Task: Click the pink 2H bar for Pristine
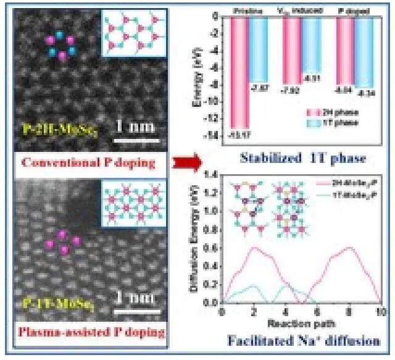point(241,71)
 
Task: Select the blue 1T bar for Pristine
point(258,49)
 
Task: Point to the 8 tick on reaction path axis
point(351,312)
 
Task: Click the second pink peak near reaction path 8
point(350,248)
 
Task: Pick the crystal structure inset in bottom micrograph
point(138,198)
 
